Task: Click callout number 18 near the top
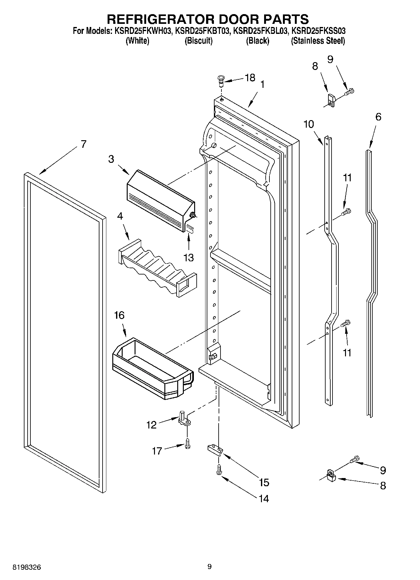tap(250, 78)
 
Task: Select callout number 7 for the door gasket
tap(83, 144)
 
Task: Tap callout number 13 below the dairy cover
tap(189, 258)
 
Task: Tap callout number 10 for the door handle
tap(309, 124)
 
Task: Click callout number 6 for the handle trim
tap(378, 117)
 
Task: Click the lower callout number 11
tap(347, 353)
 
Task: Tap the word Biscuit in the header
tap(199, 41)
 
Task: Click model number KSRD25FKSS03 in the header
tap(318, 31)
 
